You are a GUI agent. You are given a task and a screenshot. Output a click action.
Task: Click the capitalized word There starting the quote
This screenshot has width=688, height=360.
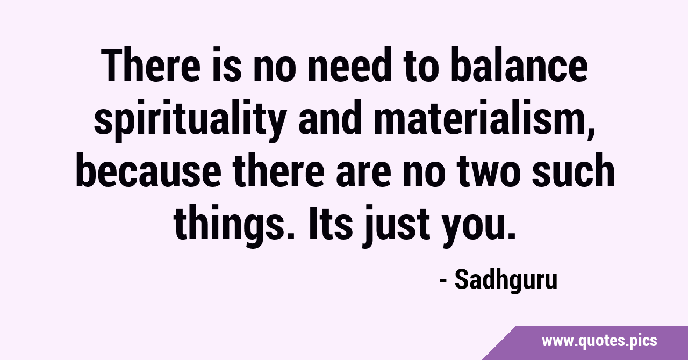tap(150, 65)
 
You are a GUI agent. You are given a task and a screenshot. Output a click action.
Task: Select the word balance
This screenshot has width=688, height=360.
tap(519, 65)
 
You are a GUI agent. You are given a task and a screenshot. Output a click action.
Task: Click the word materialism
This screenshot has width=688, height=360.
tap(478, 117)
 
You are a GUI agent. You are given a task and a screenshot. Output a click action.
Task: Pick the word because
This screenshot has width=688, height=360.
tap(148, 170)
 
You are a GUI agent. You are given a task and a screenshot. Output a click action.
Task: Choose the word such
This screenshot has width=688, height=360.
tap(574, 170)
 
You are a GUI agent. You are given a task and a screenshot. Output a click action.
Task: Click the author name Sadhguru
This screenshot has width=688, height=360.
tap(506, 280)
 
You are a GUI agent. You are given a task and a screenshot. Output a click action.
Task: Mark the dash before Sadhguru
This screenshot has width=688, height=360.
tap(443, 281)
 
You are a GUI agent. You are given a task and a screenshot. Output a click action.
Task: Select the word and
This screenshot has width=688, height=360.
tap(330, 117)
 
